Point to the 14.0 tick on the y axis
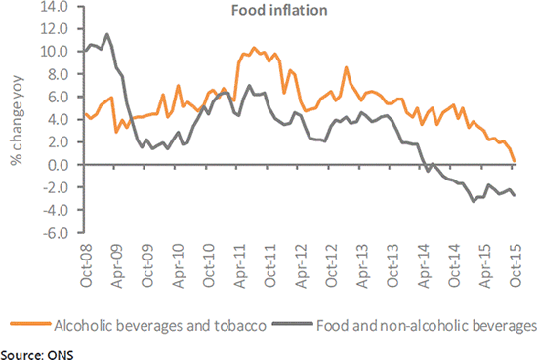[x=54, y=6]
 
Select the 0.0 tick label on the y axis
[x=57, y=165]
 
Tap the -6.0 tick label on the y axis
[x=54, y=233]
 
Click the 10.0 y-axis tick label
[x=54, y=51]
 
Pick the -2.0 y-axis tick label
[x=54, y=187]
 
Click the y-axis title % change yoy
[x=17, y=127]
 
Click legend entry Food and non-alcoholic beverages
[x=428, y=321]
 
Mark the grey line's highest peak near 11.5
[x=106, y=34]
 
